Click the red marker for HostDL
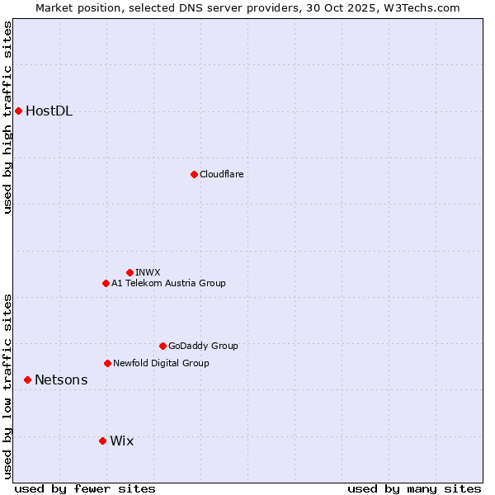point(18,111)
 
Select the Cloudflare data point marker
point(194,174)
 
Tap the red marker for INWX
point(130,272)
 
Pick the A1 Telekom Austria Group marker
point(106,283)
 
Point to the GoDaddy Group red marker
point(163,346)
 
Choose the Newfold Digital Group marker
point(107,363)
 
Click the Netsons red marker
point(27,379)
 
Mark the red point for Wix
point(102,441)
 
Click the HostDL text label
point(49,111)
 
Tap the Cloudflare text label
point(221,174)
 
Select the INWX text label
point(148,272)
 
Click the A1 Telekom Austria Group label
point(168,283)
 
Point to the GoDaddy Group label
point(203,346)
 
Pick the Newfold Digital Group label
point(161,363)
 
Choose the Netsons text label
point(61,380)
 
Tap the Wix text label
point(121,441)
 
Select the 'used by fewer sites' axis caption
point(85,488)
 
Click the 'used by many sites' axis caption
point(414,488)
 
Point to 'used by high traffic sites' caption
point(8,117)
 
